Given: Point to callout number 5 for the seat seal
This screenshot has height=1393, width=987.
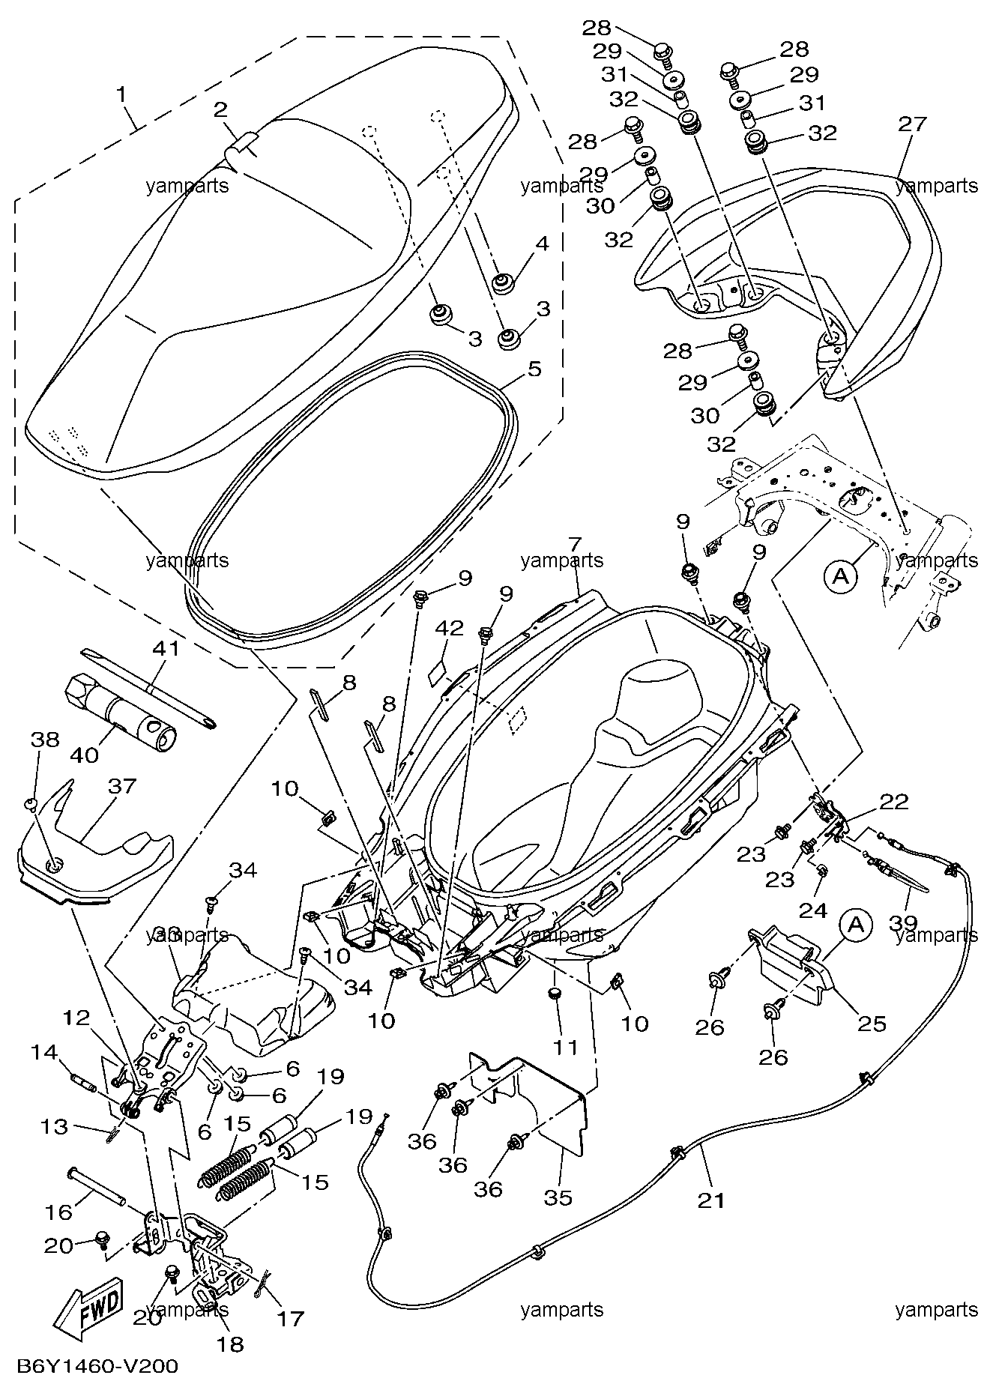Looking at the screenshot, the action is pos(534,369).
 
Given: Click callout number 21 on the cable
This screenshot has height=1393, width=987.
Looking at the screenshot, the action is pos(711,1200).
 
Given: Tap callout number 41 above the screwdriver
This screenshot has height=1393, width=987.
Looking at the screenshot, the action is pos(166,647).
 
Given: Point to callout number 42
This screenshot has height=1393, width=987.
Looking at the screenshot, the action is pos(450,628).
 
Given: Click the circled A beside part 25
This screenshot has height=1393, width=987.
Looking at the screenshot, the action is pos(857,926).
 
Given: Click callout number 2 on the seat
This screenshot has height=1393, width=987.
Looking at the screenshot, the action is pos(220,109).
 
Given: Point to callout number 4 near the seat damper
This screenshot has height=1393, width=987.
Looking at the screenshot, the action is pos(542,243).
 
